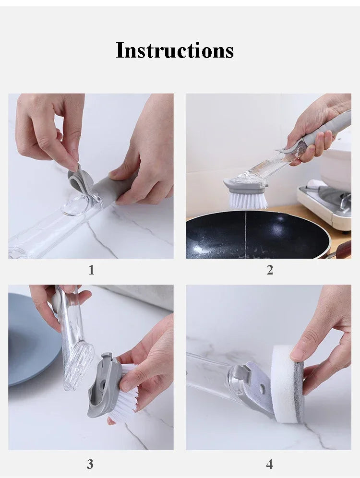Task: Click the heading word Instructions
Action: coord(175,50)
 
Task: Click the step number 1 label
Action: coord(91,270)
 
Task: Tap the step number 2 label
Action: coord(270,270)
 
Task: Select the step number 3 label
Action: coord(90,464)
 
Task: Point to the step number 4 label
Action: coord(269,464)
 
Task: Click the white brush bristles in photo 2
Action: coord(248,199)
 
